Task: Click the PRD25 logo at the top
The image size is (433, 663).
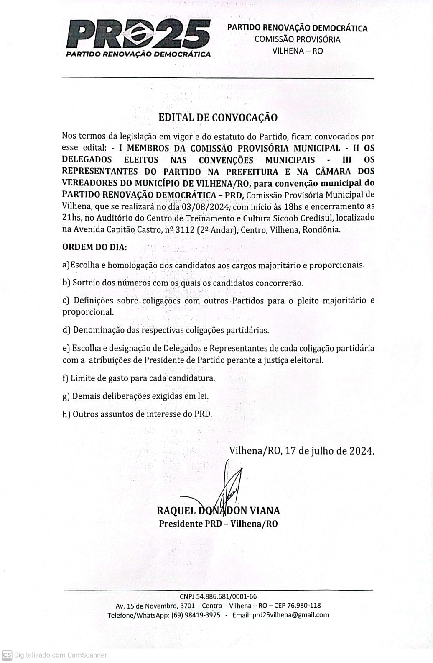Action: click(x=138, y=36)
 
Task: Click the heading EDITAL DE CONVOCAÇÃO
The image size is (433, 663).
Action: click(x=218, y=118)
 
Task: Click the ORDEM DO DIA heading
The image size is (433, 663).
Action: click(x=94, y=247)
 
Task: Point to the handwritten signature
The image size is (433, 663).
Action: click(x=229, y=486)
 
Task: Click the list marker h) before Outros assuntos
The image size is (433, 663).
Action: click(x=66, y=414)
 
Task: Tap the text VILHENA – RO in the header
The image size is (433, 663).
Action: click(x=297, y=51)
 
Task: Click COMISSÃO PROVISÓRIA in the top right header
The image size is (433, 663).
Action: click(x=297, y=40)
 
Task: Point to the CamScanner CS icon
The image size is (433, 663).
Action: click(x=7, y=655)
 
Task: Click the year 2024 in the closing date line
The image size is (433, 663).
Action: click(x=361, y=451)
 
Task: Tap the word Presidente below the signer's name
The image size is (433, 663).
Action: click(x=181, y=524)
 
